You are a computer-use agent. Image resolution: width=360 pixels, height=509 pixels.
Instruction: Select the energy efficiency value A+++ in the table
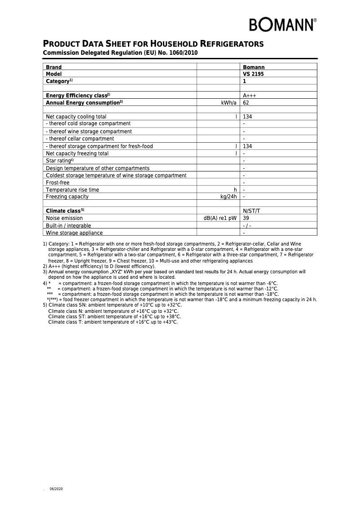point(249,96)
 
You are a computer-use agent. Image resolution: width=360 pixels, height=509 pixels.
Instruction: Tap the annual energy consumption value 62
point(246,103)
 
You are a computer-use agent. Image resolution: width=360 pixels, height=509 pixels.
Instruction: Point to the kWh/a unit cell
point(228,103)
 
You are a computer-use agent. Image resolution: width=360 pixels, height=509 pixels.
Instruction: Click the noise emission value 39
point(246,218)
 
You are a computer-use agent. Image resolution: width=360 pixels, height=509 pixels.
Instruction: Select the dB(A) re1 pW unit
point(220,218)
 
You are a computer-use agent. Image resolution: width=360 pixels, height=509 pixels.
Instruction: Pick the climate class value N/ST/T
point(251,211)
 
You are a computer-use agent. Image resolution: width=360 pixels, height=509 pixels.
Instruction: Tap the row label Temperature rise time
point(72,190)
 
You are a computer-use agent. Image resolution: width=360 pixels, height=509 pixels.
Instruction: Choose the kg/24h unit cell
point(228,197)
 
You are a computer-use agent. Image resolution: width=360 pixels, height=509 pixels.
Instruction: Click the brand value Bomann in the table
point(254,67)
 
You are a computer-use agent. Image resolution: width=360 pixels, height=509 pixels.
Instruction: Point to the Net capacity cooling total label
point(76,117)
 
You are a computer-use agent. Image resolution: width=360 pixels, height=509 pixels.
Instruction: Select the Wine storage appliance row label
point(74,233)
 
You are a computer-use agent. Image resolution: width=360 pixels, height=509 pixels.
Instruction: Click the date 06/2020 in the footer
point(56,489)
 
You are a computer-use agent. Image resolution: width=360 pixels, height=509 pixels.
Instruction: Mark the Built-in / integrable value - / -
point(246,226)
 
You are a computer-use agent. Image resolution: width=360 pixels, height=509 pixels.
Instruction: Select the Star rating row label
point(59,161)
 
